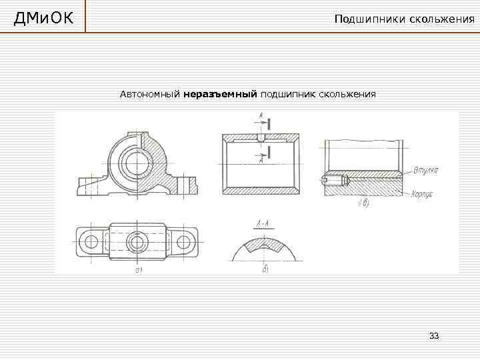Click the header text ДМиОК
coord(43,17)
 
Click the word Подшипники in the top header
coord(367,19)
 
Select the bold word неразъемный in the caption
coord(220,95)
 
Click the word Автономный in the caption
coord(150,95)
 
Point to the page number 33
coord(435,335)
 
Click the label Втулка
coord(425,170)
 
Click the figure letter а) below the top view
coord(139,270)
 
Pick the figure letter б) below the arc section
coord(265,269)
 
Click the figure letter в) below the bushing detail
coord(364,205)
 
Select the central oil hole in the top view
coord(137,241)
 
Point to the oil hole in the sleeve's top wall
coord(261,139)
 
